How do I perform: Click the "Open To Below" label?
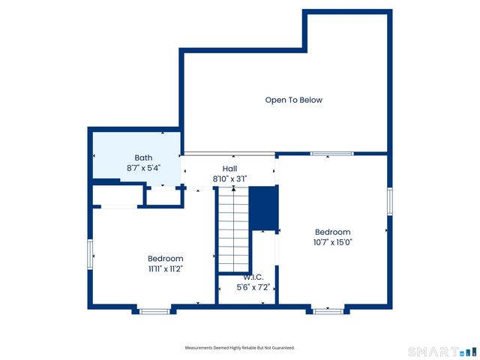(293, 100)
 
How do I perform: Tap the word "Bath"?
(143, 157)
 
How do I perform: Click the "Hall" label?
(229, 169)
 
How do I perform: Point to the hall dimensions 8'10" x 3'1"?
(229, 178)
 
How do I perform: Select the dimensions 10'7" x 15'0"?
(332, 242)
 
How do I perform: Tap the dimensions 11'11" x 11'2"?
(165, 268)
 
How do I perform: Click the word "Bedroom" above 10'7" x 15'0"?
(332, 232)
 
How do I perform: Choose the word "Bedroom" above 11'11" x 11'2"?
(165, 259)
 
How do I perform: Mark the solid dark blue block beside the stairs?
(263, 208)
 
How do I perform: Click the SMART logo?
(442, 351)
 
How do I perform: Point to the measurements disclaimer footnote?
(240, 348)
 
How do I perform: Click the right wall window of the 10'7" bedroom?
(390, 201)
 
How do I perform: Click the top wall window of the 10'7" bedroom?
(331, 154)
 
